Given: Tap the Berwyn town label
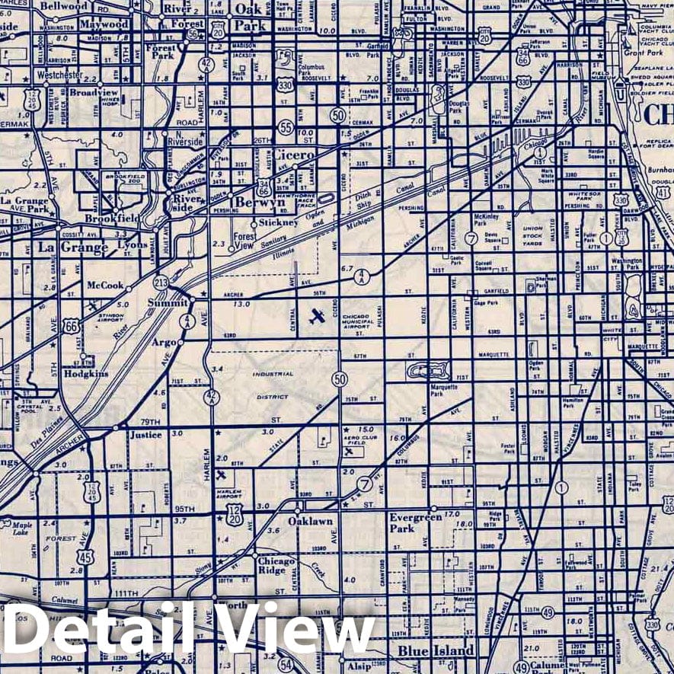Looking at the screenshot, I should point(260,203).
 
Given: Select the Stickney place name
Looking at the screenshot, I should point(278,222).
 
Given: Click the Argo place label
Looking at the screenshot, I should point(163,343).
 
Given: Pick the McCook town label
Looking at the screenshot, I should point(105,286).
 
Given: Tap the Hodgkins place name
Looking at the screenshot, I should point(86,374).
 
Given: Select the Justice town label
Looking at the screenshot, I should point(146,435).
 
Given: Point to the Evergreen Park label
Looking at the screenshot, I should point(415,522).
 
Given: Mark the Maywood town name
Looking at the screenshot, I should point(105,24).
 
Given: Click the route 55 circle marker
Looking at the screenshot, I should point(286,127).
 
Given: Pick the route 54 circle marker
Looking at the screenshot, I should point(286,664).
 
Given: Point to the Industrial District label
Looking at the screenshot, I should point(273,385).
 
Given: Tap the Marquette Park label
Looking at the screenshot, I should point(443,390).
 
